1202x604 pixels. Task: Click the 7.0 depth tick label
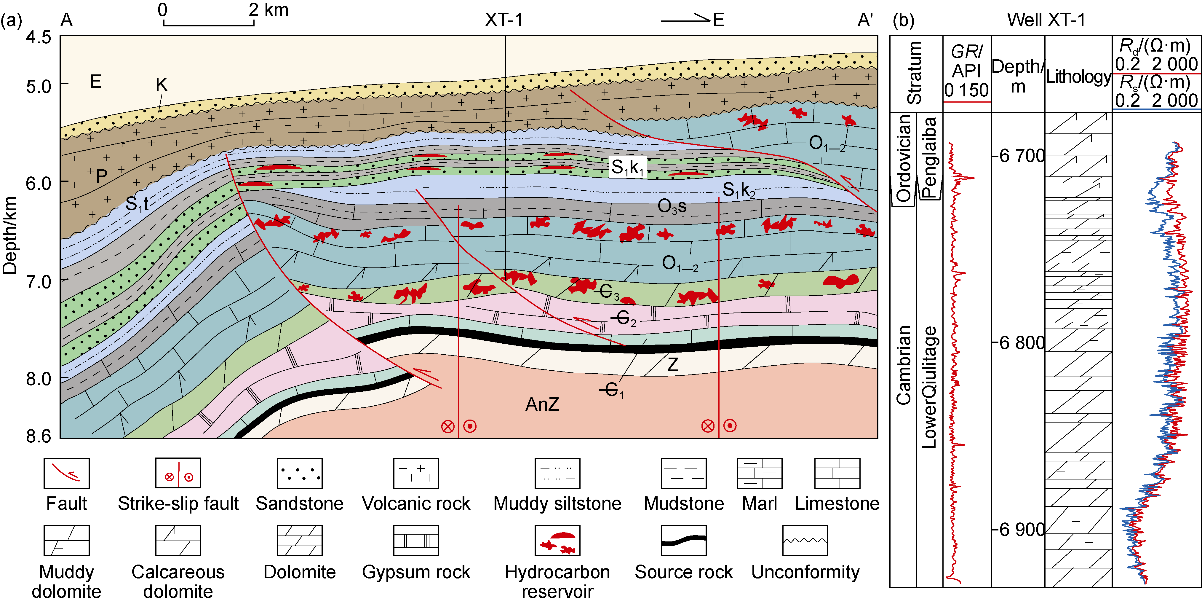(x=38, y=282)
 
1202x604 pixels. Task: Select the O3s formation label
(x=672, y=206)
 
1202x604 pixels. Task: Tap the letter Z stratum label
(x=672, y=364)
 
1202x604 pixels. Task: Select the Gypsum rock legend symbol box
(x=416, y=541)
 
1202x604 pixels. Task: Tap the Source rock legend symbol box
(x=684, y=541)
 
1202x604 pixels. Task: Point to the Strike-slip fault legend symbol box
(x=178, y=473)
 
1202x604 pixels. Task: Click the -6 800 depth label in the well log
(x=1019, y=342)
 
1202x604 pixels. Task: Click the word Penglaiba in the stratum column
(x=929, y=157)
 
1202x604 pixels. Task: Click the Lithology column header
(x=1078, y=77)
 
